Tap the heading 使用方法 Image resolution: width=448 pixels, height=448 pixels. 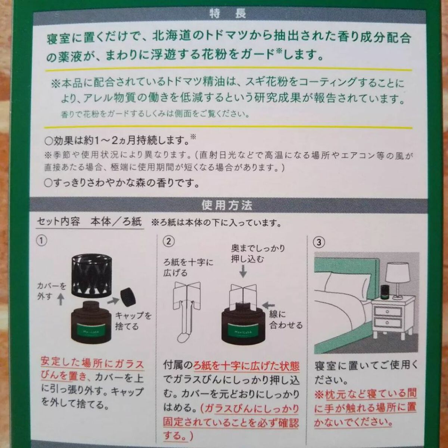(x=227, y=205)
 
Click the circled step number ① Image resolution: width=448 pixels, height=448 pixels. (x=43, y=241)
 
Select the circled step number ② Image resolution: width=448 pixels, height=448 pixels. (x=169, y=242)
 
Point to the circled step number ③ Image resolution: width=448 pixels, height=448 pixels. (x=318, y=242)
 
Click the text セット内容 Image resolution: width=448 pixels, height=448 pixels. (x=59, y=222)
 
